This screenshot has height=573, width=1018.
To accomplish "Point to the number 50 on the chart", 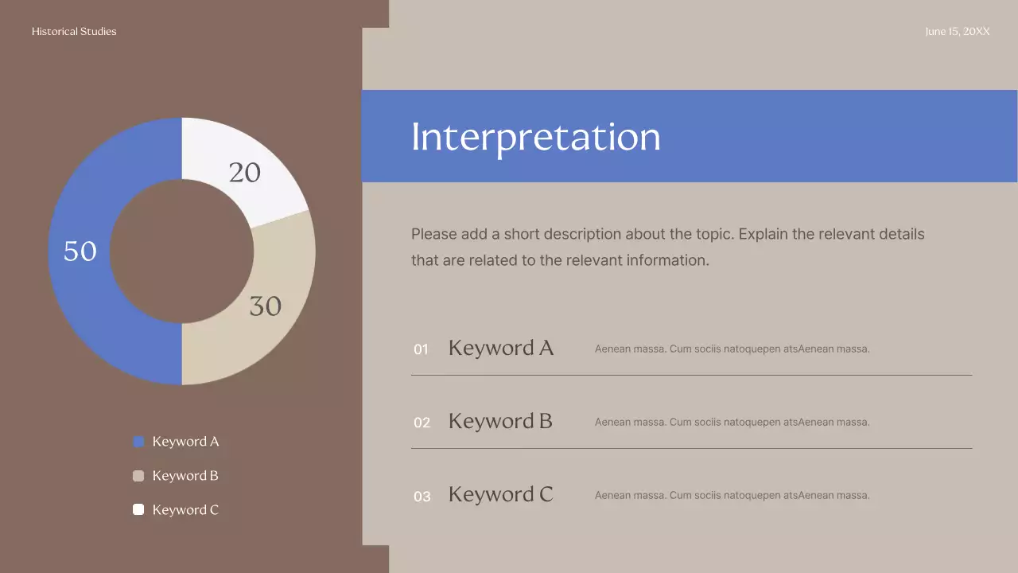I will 80,251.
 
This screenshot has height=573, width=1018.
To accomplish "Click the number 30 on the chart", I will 265,306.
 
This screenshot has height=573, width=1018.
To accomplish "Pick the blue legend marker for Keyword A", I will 138,442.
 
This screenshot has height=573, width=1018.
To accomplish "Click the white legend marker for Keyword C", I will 138,509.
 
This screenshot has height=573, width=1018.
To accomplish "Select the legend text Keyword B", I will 185,476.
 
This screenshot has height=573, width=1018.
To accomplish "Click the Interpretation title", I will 535,137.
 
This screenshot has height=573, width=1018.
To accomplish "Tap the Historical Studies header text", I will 74,32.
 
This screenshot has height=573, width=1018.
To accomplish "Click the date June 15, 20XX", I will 958,32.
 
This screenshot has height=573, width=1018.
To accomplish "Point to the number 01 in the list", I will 421,349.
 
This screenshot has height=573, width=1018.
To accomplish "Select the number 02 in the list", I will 422,423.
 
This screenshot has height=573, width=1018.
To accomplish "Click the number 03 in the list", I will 422,497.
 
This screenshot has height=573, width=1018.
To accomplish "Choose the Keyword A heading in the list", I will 500,348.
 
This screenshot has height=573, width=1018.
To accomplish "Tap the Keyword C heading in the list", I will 500,494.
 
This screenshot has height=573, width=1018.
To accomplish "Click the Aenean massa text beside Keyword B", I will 732,422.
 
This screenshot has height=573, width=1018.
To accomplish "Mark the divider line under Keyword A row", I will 691,375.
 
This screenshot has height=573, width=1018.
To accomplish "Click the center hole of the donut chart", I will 181,251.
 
